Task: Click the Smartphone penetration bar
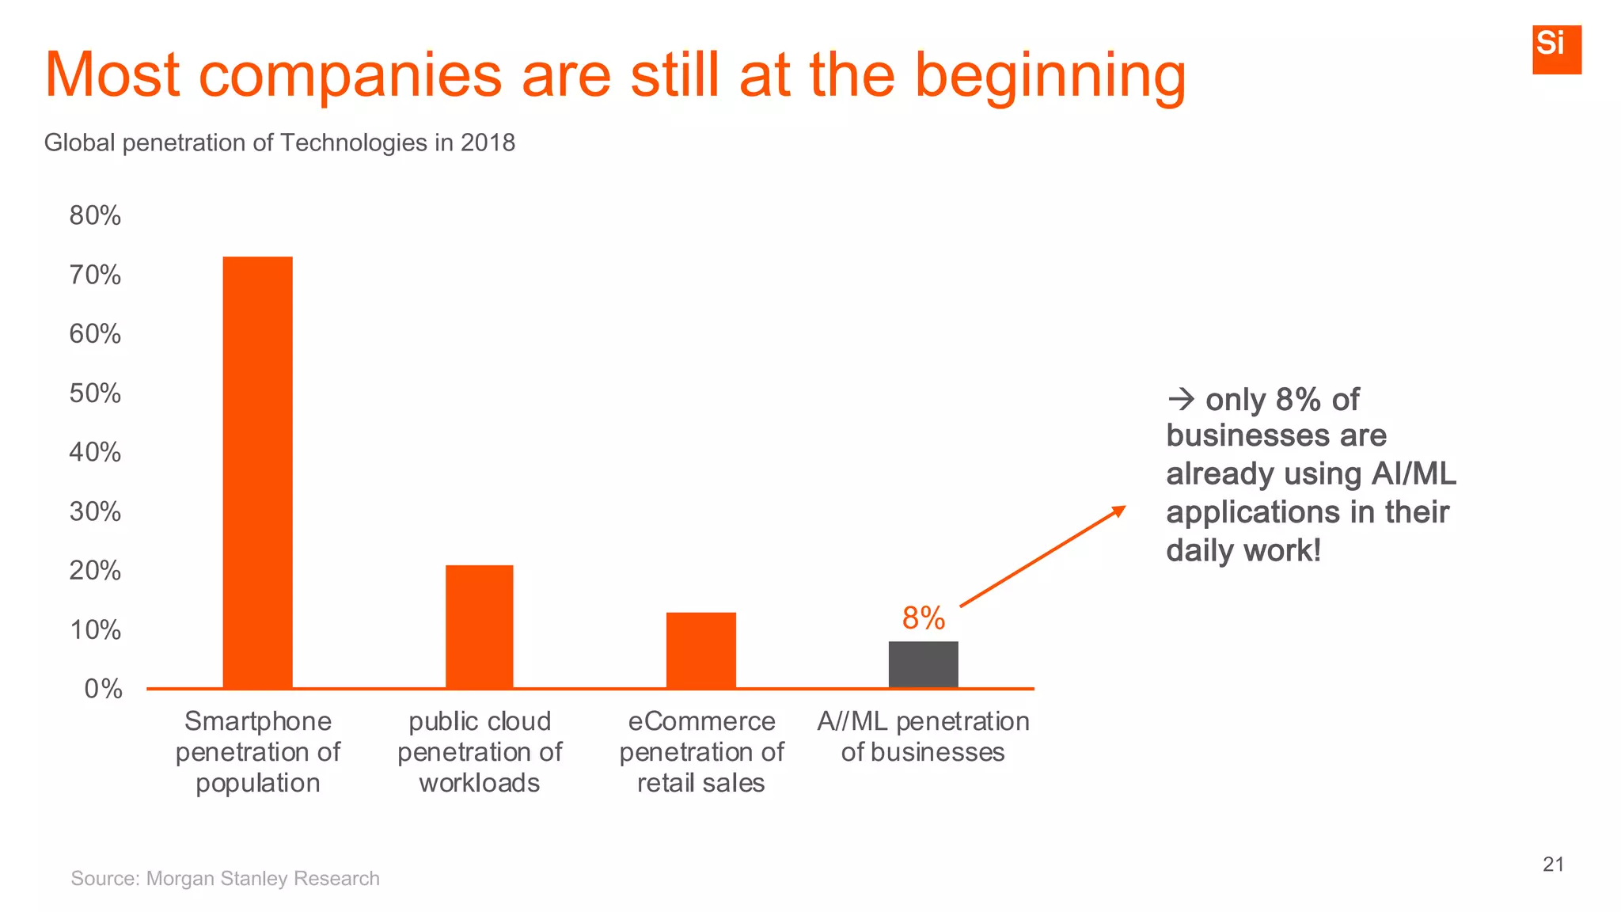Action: [257, 472]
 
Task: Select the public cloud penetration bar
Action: [479, 626]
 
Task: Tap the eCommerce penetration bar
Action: [700, 650]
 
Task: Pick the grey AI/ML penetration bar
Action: [923, 664]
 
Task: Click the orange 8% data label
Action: [923, 618]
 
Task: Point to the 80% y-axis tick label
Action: [95, 215]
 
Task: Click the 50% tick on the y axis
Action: [95, 393]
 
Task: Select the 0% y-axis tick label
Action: [103, 689]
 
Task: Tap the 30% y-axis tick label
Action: [95, 511]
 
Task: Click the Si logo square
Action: [1556, 49]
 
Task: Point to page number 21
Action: [1553, 864]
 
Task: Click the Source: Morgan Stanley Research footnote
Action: [225, 879]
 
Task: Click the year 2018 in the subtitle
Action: [488, 142]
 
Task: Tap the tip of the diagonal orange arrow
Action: [1123, 507]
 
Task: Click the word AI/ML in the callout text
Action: [1414, 473]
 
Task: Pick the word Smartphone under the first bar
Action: [257, 721]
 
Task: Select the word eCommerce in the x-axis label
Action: [701, 721]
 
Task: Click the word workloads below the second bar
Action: [479, 783]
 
